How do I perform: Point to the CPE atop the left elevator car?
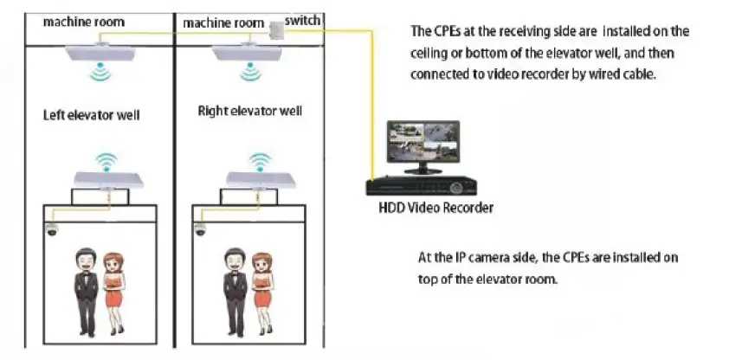(x=106, y=178)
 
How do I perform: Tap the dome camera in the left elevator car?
(x=53, y=231)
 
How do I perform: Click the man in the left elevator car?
(x=84, y=291)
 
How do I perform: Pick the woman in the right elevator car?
(x=259, y=292)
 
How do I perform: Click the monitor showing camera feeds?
(x=423, y=145)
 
